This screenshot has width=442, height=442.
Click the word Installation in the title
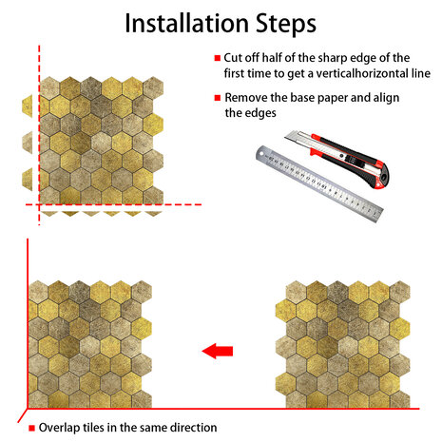(186, 23)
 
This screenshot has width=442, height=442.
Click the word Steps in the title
(286, 24)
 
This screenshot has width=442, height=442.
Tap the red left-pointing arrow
(218, 351)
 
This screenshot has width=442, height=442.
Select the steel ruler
(319, 183)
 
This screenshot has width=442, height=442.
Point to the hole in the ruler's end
(261, 154)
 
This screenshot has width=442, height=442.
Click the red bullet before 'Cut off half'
(218, 58)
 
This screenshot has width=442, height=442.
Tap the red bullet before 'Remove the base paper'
(218, 98)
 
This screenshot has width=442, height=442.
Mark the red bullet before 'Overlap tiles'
(31, 428)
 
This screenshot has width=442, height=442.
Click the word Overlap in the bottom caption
(59, 428)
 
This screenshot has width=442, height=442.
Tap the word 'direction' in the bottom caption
(194, 428)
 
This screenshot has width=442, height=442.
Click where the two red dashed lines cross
(39, 204)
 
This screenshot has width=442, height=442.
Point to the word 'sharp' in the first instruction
(334, 58)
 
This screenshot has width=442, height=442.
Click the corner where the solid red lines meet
(28, 409)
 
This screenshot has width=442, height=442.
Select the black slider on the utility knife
(350, 158)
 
